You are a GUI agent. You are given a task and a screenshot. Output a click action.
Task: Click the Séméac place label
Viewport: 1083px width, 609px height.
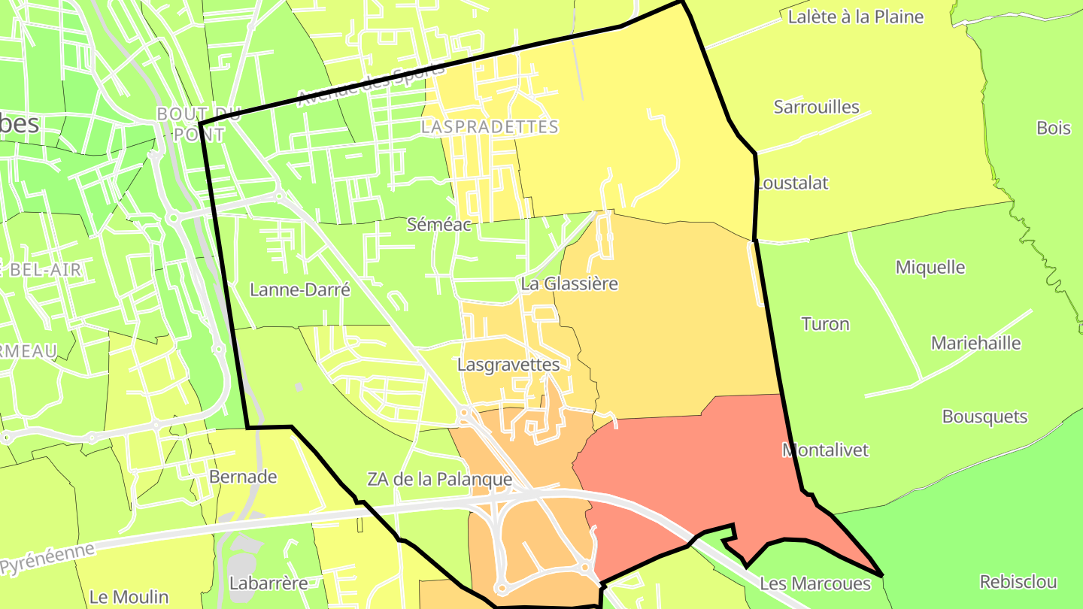click(x=438, y=224)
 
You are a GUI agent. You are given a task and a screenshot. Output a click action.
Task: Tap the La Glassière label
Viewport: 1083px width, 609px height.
click(x=569, y=284)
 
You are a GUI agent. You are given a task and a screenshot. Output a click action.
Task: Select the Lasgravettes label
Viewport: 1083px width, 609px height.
click(x=508, y=365)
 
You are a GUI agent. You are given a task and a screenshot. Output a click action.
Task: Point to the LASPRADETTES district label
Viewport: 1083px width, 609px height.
click(x=490, y=127)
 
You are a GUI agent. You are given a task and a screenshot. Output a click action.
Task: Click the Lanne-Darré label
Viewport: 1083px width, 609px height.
click(x=300, y=289)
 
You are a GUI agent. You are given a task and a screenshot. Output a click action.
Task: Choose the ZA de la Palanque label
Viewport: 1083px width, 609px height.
click(x=439, y=479)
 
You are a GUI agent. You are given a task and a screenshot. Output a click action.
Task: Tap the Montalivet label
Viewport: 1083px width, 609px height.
click(x=825, y=450)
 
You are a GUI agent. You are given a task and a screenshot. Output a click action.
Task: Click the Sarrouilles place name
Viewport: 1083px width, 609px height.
click(x=816, y=107)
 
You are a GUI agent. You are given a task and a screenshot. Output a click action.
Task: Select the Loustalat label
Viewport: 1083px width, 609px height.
click(x=793, y=183)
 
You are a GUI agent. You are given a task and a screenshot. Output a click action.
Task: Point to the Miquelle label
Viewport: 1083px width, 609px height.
click(x=930, y=267)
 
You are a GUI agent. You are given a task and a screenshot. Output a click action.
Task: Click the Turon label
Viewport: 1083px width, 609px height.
click(x=825, y=324)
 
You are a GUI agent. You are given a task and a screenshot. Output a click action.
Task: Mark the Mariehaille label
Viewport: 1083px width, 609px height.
click(x=975, y=344)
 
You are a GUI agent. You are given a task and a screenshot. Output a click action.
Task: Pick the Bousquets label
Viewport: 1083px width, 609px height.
click(x=984, y=417)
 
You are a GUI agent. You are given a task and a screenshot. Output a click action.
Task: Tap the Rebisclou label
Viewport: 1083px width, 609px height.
click(x=1018, y=581)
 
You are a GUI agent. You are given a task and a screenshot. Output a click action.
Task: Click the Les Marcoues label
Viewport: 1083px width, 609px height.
click(x=815, y=583)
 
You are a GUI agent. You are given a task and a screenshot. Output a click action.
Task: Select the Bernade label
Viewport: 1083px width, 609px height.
click(x=243, y=477)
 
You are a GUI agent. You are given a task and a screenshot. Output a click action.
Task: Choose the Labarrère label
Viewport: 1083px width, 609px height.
click(x=268, y=583)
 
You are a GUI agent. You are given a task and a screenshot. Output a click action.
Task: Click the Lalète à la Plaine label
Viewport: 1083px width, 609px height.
click(x=855, y=17)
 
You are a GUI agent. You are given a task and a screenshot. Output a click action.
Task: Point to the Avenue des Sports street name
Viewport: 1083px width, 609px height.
click(x=372, y=84)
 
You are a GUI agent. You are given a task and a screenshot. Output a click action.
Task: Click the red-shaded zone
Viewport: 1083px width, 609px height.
click(x=677, y=466)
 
